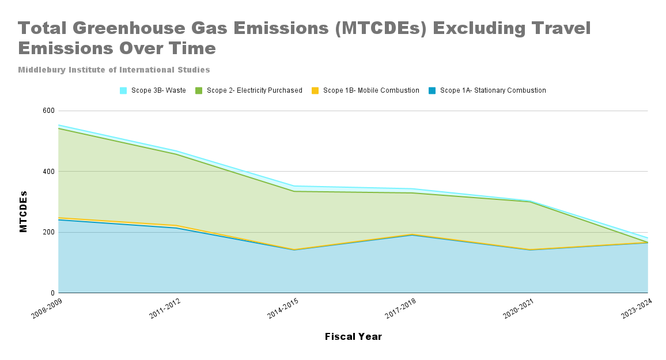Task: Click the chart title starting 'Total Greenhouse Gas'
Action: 304,37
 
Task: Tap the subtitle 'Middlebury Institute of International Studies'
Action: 113,70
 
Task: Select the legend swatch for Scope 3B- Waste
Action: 123,90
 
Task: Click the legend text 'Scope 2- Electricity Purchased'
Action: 254,90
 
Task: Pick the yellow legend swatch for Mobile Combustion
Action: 315,90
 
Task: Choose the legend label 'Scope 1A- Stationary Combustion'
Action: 493,90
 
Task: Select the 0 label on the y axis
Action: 51,293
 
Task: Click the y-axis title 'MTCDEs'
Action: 24,211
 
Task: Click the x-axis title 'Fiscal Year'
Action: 353,336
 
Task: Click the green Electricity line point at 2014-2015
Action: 294,191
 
